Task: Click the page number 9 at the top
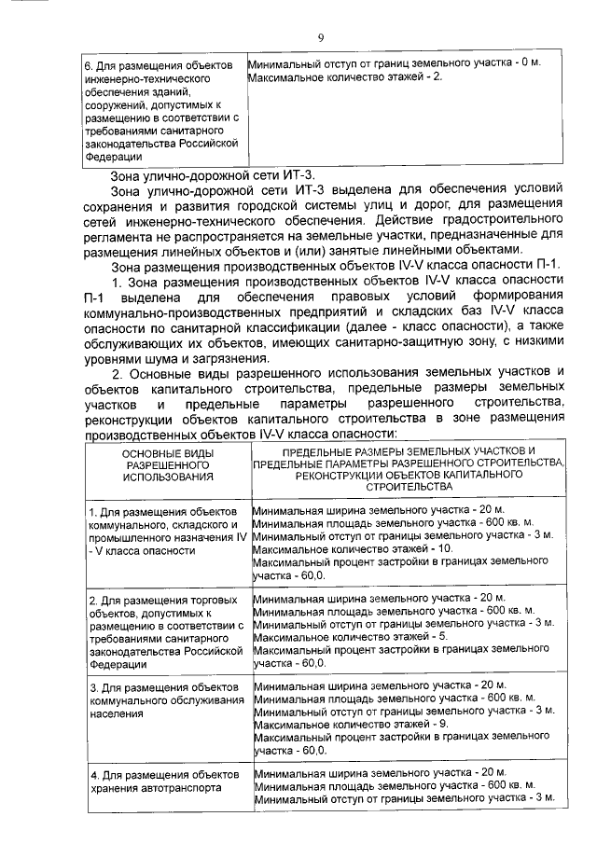(320, 37)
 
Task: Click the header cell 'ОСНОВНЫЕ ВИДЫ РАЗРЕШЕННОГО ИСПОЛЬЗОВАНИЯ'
(165, 463)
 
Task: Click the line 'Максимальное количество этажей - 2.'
(343, 76)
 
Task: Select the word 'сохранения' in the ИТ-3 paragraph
(121, 207)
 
